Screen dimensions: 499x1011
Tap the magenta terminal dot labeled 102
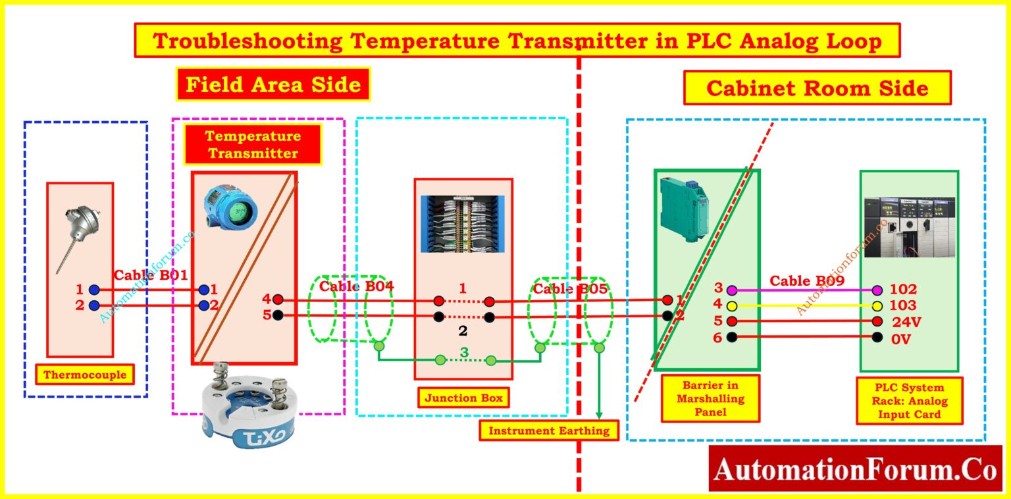(x=877, y=290)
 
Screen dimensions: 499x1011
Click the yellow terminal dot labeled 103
(x=877, y=305)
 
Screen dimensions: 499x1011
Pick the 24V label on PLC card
(x=907, y=323)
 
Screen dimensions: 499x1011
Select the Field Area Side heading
(x=273, y=85)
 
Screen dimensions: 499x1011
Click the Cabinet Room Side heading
(x=817, y=88)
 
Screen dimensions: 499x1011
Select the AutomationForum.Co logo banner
(x=855, y=469)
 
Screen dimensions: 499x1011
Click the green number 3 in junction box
(x=464, y=352)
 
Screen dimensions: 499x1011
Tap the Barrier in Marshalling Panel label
(x=700, y=398)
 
